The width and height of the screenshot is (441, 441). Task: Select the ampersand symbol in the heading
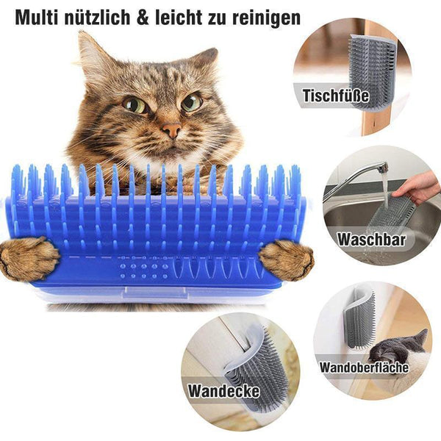tap(143, 18)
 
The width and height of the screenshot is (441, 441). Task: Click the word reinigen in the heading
tap(266, 18)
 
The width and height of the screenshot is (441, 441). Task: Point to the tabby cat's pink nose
tap(171, 130)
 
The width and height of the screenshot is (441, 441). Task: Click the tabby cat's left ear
tap(90, 55)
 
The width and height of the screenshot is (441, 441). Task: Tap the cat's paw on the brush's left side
tap(29, 259)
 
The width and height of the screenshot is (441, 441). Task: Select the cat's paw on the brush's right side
tap(286, 259)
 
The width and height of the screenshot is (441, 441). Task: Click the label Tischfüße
tap(336, 96)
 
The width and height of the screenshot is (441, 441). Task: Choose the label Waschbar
tap(371, 240)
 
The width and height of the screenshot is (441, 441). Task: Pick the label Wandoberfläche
tap(364, 367)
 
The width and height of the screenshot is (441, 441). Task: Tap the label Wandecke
tap(223, 391)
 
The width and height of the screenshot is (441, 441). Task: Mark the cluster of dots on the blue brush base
tap(144, 271)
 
